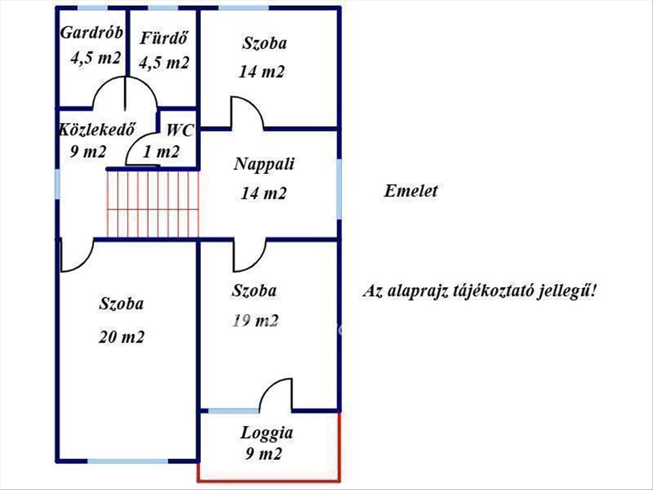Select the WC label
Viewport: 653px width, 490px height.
[180, 131]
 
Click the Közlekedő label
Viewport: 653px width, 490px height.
[97, 130]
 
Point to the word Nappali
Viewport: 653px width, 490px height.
[264, 164]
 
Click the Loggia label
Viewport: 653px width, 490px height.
[267, 433]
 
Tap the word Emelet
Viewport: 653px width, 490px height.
[411, 191]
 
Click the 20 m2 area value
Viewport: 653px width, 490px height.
[121, 338]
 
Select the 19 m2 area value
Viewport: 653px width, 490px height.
[255, 321]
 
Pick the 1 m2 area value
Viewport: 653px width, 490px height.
[161, 152]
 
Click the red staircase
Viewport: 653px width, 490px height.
[153, 204]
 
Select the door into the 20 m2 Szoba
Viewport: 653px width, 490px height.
[77, 256]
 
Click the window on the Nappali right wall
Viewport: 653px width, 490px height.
[339, 187]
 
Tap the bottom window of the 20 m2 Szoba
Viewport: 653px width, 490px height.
[128, 461]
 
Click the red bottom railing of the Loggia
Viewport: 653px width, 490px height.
[269, 480]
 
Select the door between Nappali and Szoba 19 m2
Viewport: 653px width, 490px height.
[249, 256]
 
